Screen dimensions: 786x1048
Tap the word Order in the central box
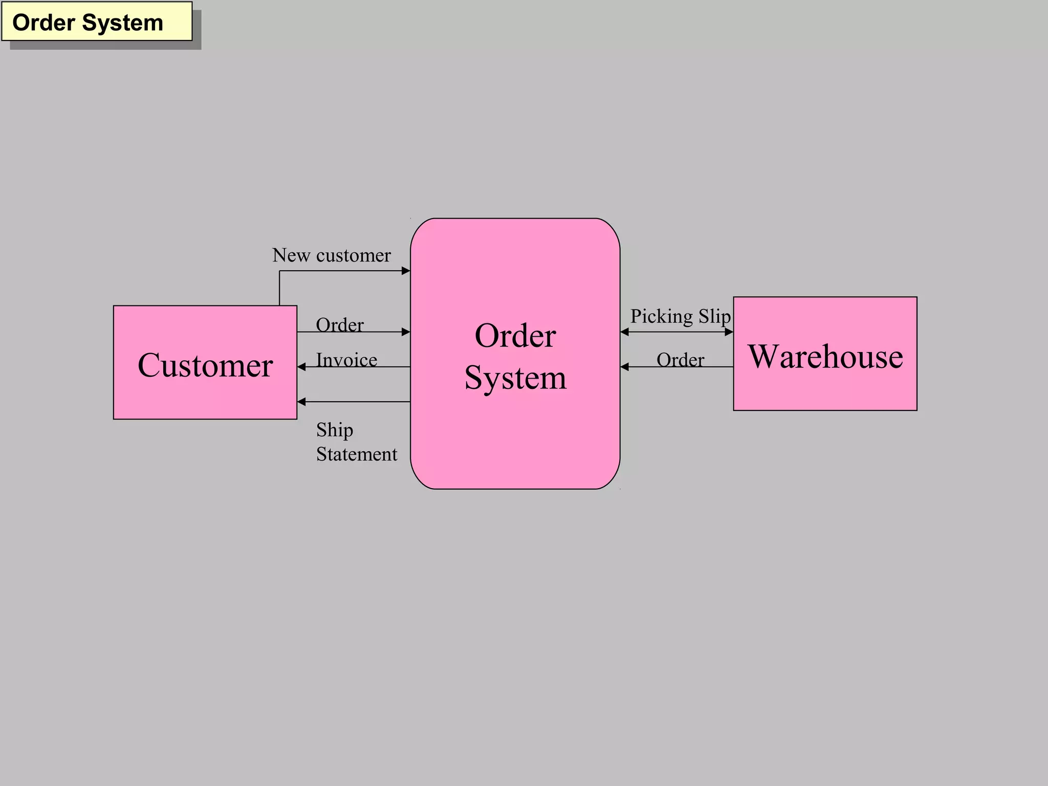tap(515, 336)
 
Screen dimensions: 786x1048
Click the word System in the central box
tap(515, 378)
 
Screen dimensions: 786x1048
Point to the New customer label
tap(331, 255)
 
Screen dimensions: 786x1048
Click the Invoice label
tap(346, 360)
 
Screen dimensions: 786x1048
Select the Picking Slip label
tap(680, 316)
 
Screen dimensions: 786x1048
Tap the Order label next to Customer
tap(339, 324)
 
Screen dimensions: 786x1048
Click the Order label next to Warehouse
tap(680, 360)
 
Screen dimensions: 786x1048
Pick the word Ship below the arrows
tap(334, 430)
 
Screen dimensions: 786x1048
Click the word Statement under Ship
tap(356, 454)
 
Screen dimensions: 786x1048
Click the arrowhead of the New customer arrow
tap(406, 271)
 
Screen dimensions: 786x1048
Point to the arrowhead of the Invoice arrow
tap(301, 367)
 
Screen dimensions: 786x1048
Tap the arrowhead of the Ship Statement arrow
tap(301, 402)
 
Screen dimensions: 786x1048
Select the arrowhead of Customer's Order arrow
tap(406, 332)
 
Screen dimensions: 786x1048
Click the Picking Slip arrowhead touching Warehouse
tap(729, 332)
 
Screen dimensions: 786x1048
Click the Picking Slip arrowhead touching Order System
tap(624, 332)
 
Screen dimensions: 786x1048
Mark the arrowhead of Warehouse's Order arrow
tap(624, 367)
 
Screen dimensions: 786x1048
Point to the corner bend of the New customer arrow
tap(279, 271)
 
